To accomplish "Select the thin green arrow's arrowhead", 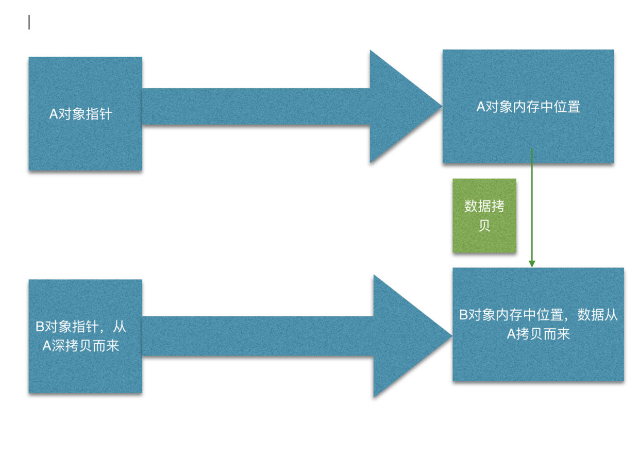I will click(532, 264).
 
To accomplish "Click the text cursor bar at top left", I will click(29, 22).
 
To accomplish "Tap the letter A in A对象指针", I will click(53, 114).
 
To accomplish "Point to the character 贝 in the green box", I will click(484, 226).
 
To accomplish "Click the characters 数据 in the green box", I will click(471, 206).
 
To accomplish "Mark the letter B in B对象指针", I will click(40, 327).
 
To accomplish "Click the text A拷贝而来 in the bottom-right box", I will click(538, 334).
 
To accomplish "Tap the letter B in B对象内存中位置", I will click(463, 315).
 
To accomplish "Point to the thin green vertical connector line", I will click(532, 206).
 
